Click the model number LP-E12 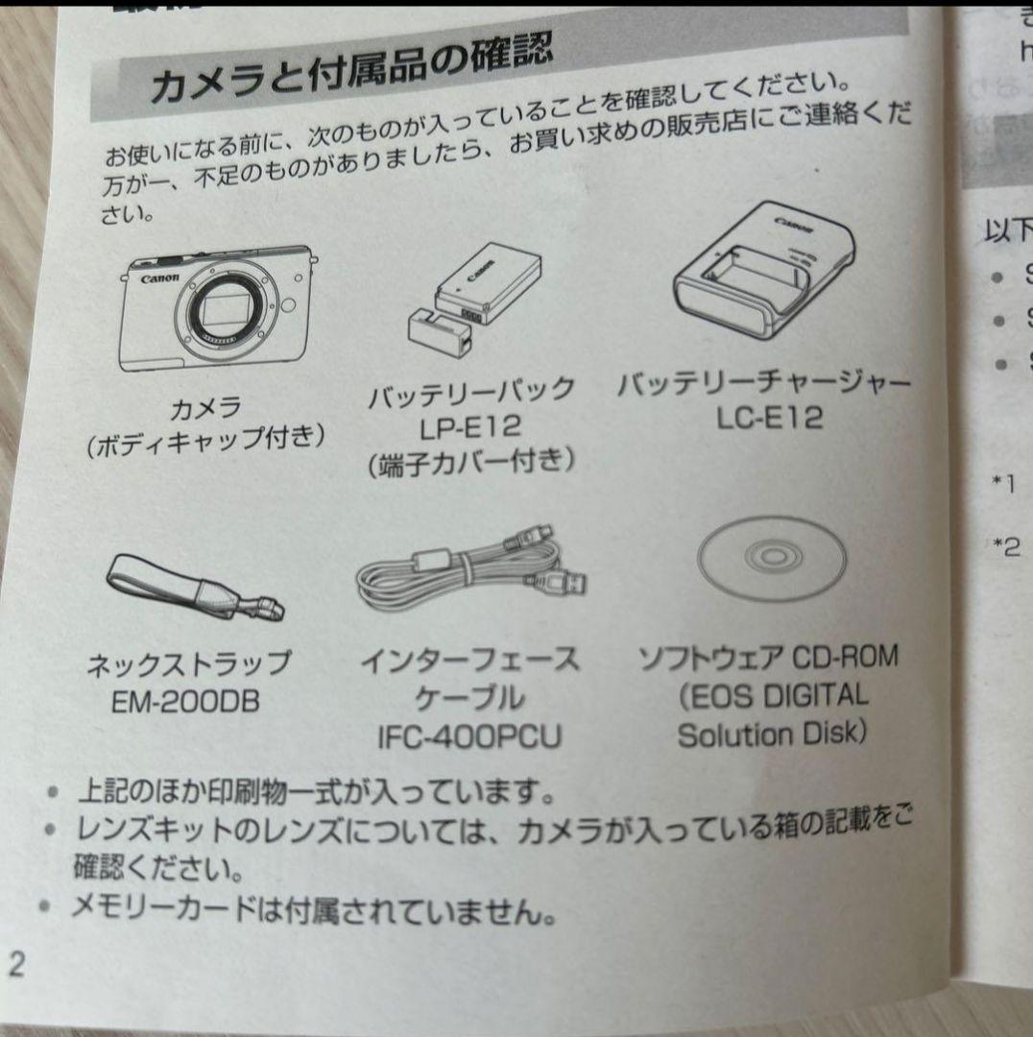(469, 425)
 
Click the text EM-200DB (185, 702)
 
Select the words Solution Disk (772, 735)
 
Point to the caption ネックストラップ (188, 663)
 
